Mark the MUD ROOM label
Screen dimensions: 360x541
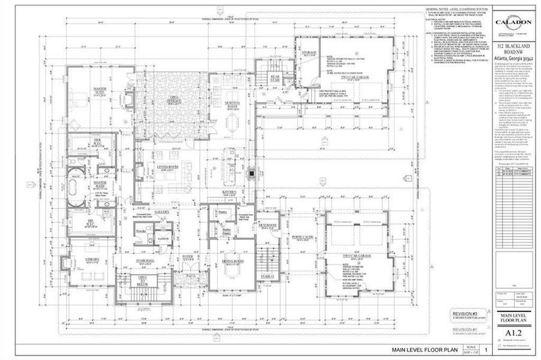(267, 227)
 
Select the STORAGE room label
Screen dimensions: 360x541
(308, 53)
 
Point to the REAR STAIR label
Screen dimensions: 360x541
(275, 78)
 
